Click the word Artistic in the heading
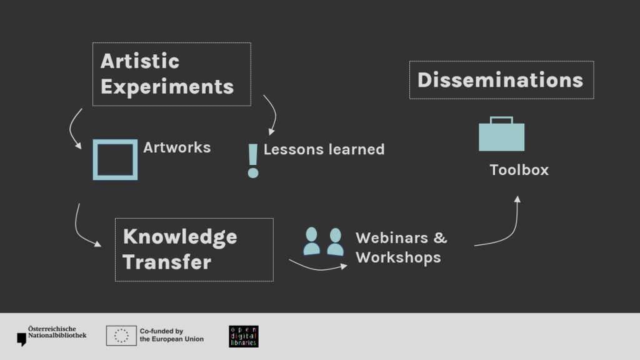140,61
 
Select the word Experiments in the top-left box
167,87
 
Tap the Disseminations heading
501,80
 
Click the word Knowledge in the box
180,237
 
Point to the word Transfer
167,262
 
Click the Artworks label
177,147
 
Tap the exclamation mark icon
253,161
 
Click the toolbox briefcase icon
502,134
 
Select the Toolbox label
519,170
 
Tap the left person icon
312,241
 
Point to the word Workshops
398,257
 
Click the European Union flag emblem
121,336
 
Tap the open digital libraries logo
244,336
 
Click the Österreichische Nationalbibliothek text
57,332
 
